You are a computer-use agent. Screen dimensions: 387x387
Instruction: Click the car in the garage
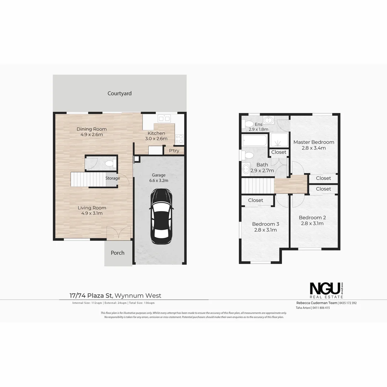pyautogui.click(x=161, y=216)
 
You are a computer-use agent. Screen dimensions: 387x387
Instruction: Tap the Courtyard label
pyautogui.click(x=120, y=94)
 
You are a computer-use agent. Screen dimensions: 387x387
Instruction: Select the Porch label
pyautogui.click(x=118, y=253)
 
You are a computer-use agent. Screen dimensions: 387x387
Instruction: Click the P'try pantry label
pyautogui.click(x=174, y=151)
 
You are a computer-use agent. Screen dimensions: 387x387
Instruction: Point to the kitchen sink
pyautogui.click(x=164, y=118)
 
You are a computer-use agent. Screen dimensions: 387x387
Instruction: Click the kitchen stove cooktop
pyautogui.click(x=180, y=139)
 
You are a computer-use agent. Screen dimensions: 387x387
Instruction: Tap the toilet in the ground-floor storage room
pyautogui.click(x=109, y=164)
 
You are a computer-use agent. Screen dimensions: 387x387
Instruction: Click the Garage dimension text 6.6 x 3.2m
pyautogui.click(x=158, y=181)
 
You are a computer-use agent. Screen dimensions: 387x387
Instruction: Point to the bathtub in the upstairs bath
pyautogui.click(x=254, y=140)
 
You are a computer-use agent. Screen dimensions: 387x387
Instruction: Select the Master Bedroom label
pyautogui.click(x=314, y=142)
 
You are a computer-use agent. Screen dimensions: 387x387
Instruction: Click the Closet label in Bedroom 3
pyautogui.click(x=255, y=200)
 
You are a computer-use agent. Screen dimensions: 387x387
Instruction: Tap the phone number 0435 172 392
pyautogui.click(x=348, y=303)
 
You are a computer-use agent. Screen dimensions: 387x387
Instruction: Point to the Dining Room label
pyautogui.click(x=92, y=129)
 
